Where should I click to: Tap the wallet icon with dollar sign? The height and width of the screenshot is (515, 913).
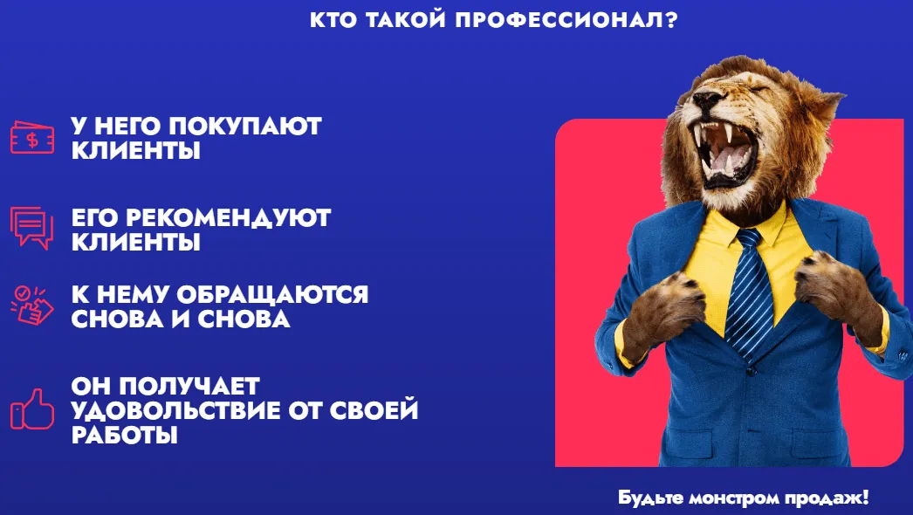pos(32,138)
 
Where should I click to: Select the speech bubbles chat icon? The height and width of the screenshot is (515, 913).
pos(31,228)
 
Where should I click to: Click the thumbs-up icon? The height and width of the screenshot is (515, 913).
pos(32,409)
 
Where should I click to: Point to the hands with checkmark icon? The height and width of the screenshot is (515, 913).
pos(32,305)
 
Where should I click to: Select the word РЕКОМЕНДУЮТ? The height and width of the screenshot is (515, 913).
pos(229,218)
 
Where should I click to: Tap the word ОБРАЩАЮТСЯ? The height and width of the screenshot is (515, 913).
pos(272,295)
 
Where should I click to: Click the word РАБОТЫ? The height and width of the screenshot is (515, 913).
pos(125,435)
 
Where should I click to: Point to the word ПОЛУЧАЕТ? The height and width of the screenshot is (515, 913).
pos(190,386)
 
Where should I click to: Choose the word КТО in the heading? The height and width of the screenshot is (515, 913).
pos(331,20)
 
